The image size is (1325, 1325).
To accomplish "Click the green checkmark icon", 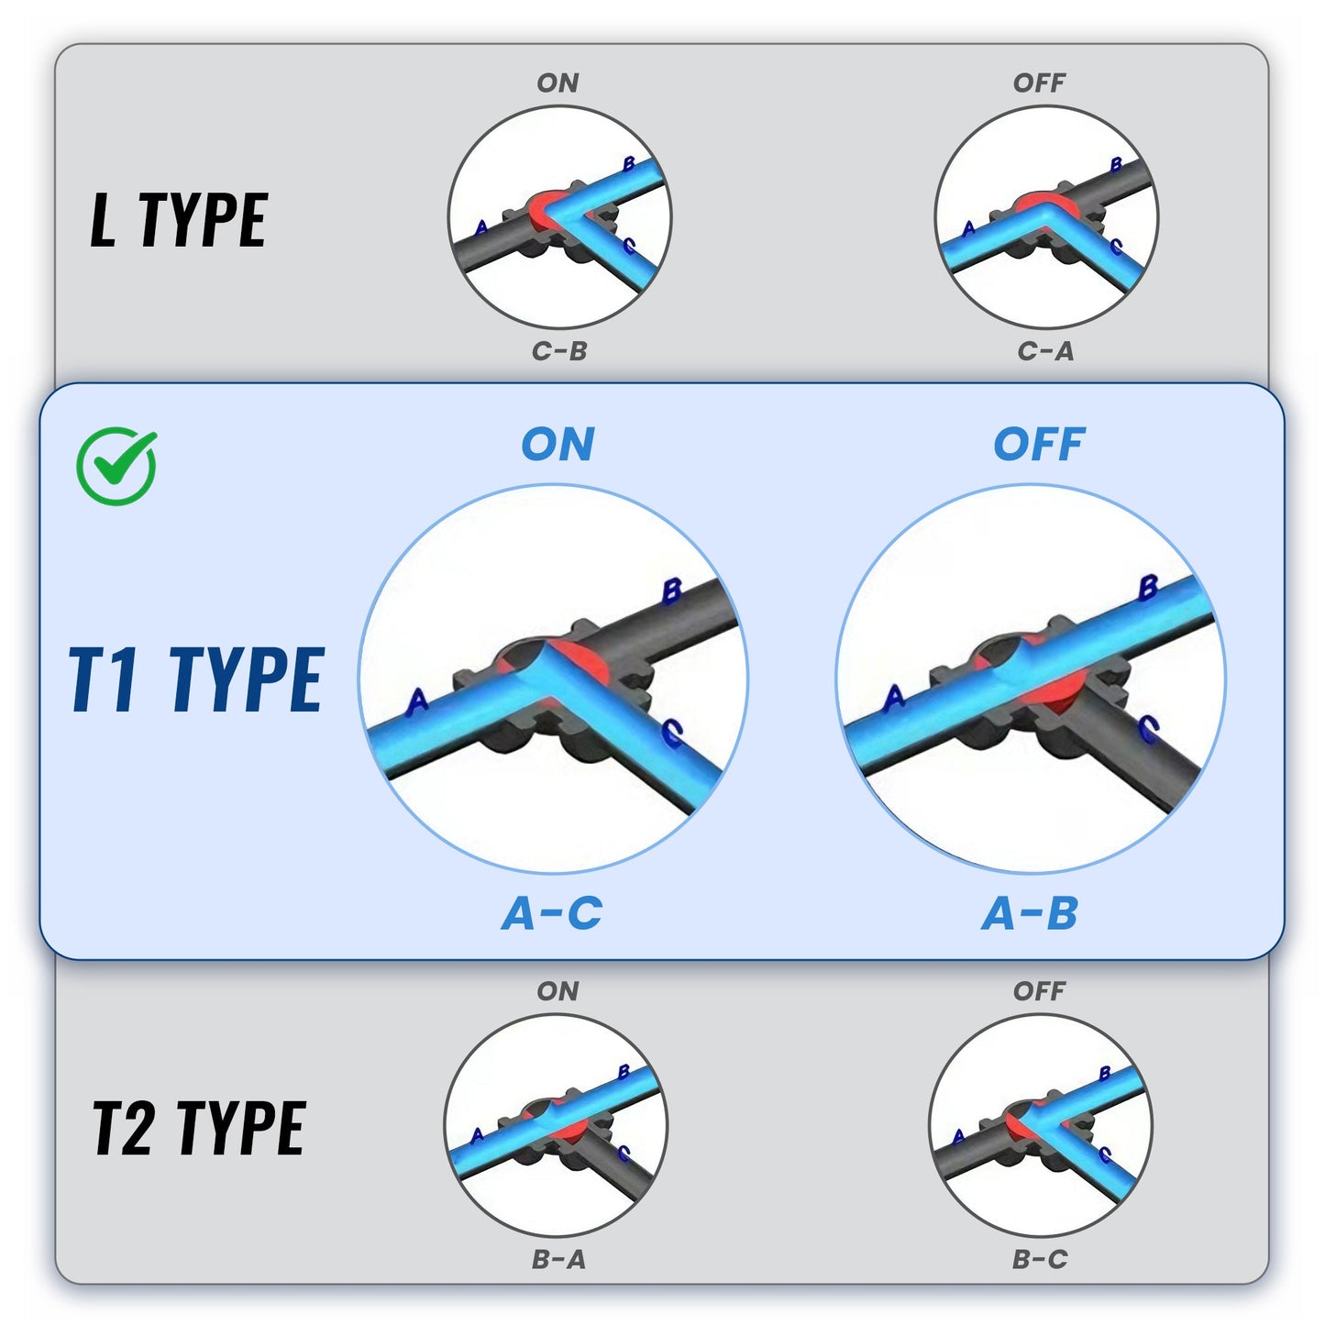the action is click(116, 466).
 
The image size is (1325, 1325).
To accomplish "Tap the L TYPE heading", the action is click(179, 219).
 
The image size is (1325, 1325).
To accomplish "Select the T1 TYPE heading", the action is click(196, 679).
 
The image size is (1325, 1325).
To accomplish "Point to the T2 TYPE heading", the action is click(199, 1128).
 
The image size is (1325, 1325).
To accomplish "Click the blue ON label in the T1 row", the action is click(558, 444).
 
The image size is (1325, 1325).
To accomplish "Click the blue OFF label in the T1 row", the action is click(1039, 444).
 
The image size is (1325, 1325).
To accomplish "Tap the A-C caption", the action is click(552, 914).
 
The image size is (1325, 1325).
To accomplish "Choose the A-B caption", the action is click(1030, 914).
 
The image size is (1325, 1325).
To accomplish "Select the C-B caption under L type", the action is click(559, 351).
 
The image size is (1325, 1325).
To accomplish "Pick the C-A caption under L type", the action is click(1045, 351).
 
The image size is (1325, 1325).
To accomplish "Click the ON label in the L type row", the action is click(558, 83).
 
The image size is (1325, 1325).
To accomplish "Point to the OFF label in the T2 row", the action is click(1039, 991).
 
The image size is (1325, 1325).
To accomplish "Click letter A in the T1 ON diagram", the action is click(417, 701).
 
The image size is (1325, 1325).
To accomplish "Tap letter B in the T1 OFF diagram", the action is click(1148, 588).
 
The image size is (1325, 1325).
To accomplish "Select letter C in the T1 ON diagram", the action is click(672, 733).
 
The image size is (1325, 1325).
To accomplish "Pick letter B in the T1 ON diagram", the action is click(672, 591).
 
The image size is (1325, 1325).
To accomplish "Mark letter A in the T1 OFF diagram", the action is click(894, 698).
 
